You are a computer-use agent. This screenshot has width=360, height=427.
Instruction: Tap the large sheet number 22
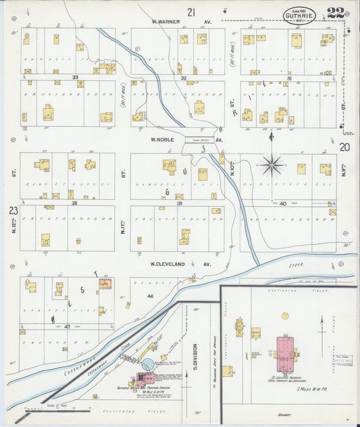334,13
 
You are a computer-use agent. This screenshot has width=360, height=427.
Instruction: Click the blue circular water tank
146,365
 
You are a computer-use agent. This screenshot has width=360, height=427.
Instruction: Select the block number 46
150,296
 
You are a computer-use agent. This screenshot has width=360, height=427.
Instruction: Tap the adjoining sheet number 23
13,211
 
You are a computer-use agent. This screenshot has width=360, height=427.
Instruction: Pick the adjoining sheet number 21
192,11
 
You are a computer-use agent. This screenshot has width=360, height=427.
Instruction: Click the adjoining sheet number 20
345,147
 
